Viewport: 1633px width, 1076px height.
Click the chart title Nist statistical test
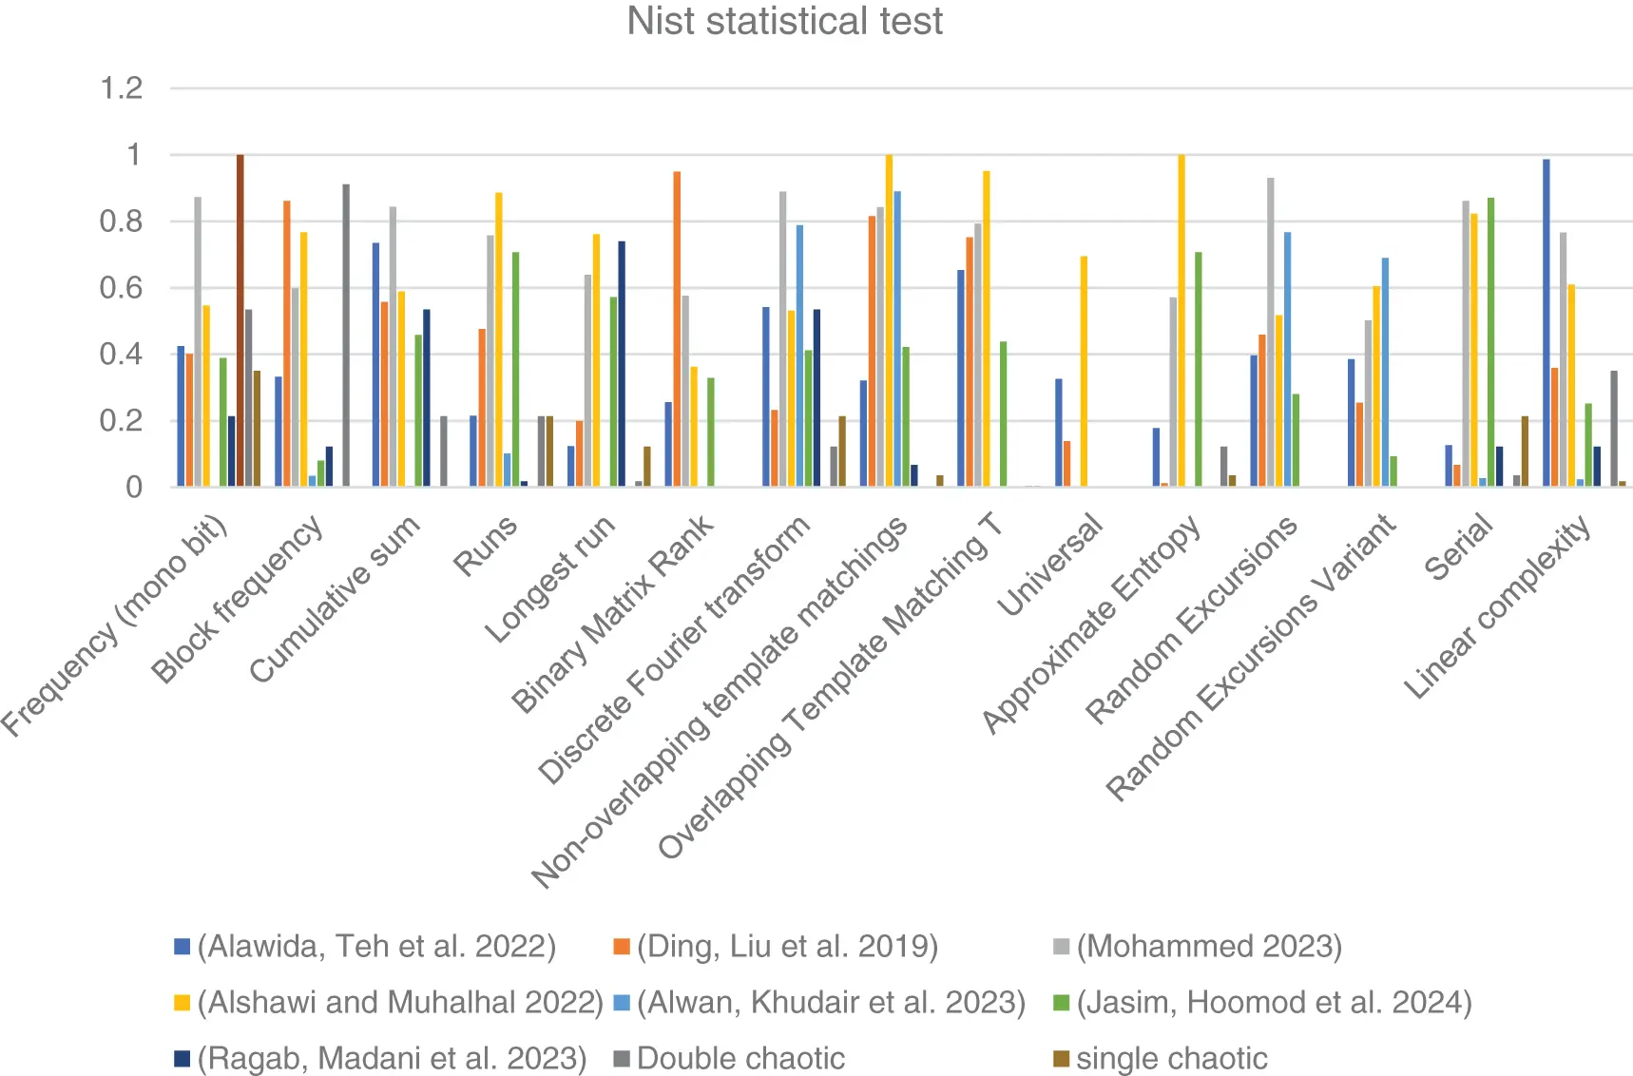[784, 21]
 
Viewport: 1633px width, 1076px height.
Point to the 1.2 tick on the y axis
[122, 88]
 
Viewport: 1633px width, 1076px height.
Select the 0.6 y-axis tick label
[122, 288]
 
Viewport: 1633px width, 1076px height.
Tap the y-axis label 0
[134, 487]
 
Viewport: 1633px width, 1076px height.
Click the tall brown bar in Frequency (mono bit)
[240, 320]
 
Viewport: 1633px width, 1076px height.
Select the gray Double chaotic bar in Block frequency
[346, 336]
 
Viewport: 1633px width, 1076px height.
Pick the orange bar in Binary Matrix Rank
[677, 329]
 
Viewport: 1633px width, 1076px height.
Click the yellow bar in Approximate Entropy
[1182, 320]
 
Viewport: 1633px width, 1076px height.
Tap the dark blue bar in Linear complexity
[1597, 467]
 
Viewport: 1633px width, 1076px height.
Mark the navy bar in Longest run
[622, 364]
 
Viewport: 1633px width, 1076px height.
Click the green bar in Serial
[1491, 342]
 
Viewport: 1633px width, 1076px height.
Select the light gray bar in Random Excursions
[1271, 332]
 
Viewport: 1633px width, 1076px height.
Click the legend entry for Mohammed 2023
[1208, 946]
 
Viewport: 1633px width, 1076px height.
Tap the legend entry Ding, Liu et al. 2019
[786, 946]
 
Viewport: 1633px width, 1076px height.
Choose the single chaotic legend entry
[1171, 1058]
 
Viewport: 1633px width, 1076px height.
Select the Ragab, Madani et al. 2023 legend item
[391, 1058]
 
